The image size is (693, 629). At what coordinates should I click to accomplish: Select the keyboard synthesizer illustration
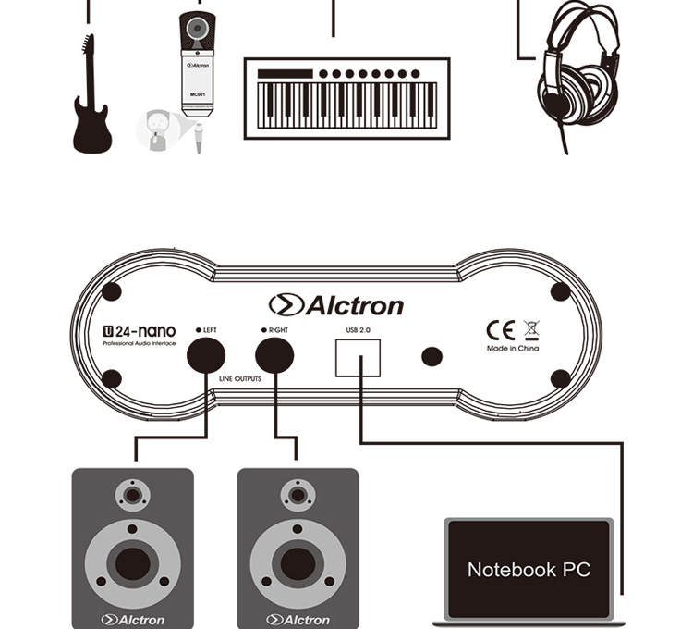pos(346,98)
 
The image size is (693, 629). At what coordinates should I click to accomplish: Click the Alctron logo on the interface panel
pos(336,305)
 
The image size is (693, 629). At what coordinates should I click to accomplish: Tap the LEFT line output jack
pos(206,354)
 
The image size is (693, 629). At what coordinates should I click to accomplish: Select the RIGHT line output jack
pos(274,354)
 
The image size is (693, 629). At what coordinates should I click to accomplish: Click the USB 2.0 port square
pos(358,356)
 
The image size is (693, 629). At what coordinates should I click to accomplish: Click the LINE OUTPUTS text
pos(240,379)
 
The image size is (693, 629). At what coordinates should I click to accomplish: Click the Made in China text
pos(514,349)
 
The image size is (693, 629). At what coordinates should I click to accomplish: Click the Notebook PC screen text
pos(529,570)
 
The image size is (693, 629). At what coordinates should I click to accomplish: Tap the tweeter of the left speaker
pos(133,495)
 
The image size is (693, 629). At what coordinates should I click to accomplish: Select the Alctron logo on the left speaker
pos(133,619)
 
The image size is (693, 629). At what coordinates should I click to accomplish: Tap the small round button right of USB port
pos(431,356)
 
